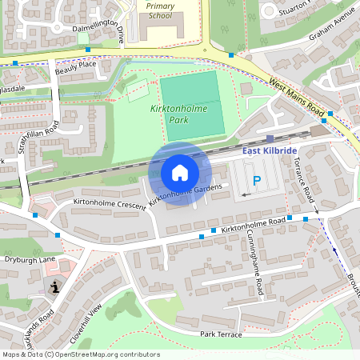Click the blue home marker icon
point(180,173)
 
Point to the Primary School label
point(160,10)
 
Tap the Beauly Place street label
point(75,69)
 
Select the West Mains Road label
point(296,97)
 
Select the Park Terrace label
point(221,334)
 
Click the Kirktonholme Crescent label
point(110,204)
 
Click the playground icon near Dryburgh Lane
point(54,287)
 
